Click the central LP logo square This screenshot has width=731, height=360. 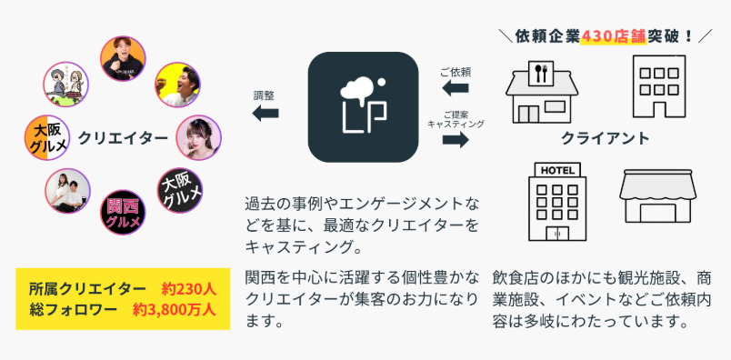365,106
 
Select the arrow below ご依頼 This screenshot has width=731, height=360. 455,88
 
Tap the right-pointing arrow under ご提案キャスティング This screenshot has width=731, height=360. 455,139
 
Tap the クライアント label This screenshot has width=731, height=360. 605,139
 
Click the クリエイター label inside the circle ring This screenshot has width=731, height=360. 123,138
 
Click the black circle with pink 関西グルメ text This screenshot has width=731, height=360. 122,211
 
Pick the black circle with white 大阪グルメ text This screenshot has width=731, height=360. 180,191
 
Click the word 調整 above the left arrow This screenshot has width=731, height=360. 265,95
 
